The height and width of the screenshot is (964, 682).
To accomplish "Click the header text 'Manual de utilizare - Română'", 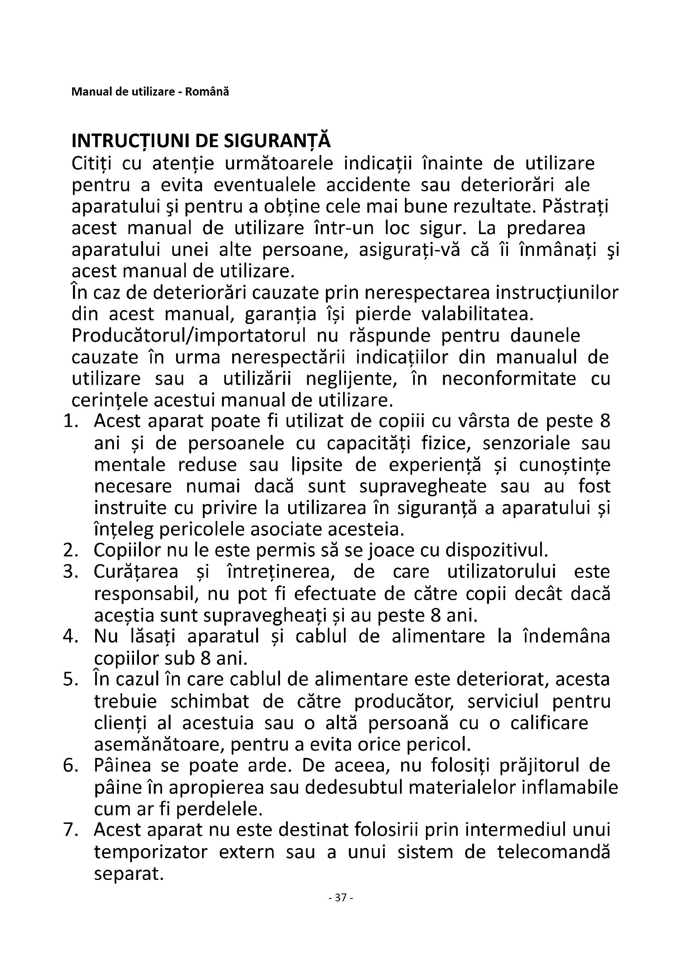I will pyautogui.click(x=150, y=91).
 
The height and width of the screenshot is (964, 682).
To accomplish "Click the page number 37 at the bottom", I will pyautogui.click(x=341, y=898).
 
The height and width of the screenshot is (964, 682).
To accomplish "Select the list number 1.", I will pyautogui.click(x=71, y=421).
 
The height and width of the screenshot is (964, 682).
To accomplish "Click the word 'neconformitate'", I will pyautogui.click(x=509, y=379).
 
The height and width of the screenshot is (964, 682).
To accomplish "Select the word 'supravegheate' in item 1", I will pyautogui.click(x=423, y=486).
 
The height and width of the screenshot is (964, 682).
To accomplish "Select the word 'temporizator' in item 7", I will pyautogui.click(x=151, y=852).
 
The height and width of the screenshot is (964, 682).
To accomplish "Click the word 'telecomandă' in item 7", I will pyautogui.click(x=553, y=852).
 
